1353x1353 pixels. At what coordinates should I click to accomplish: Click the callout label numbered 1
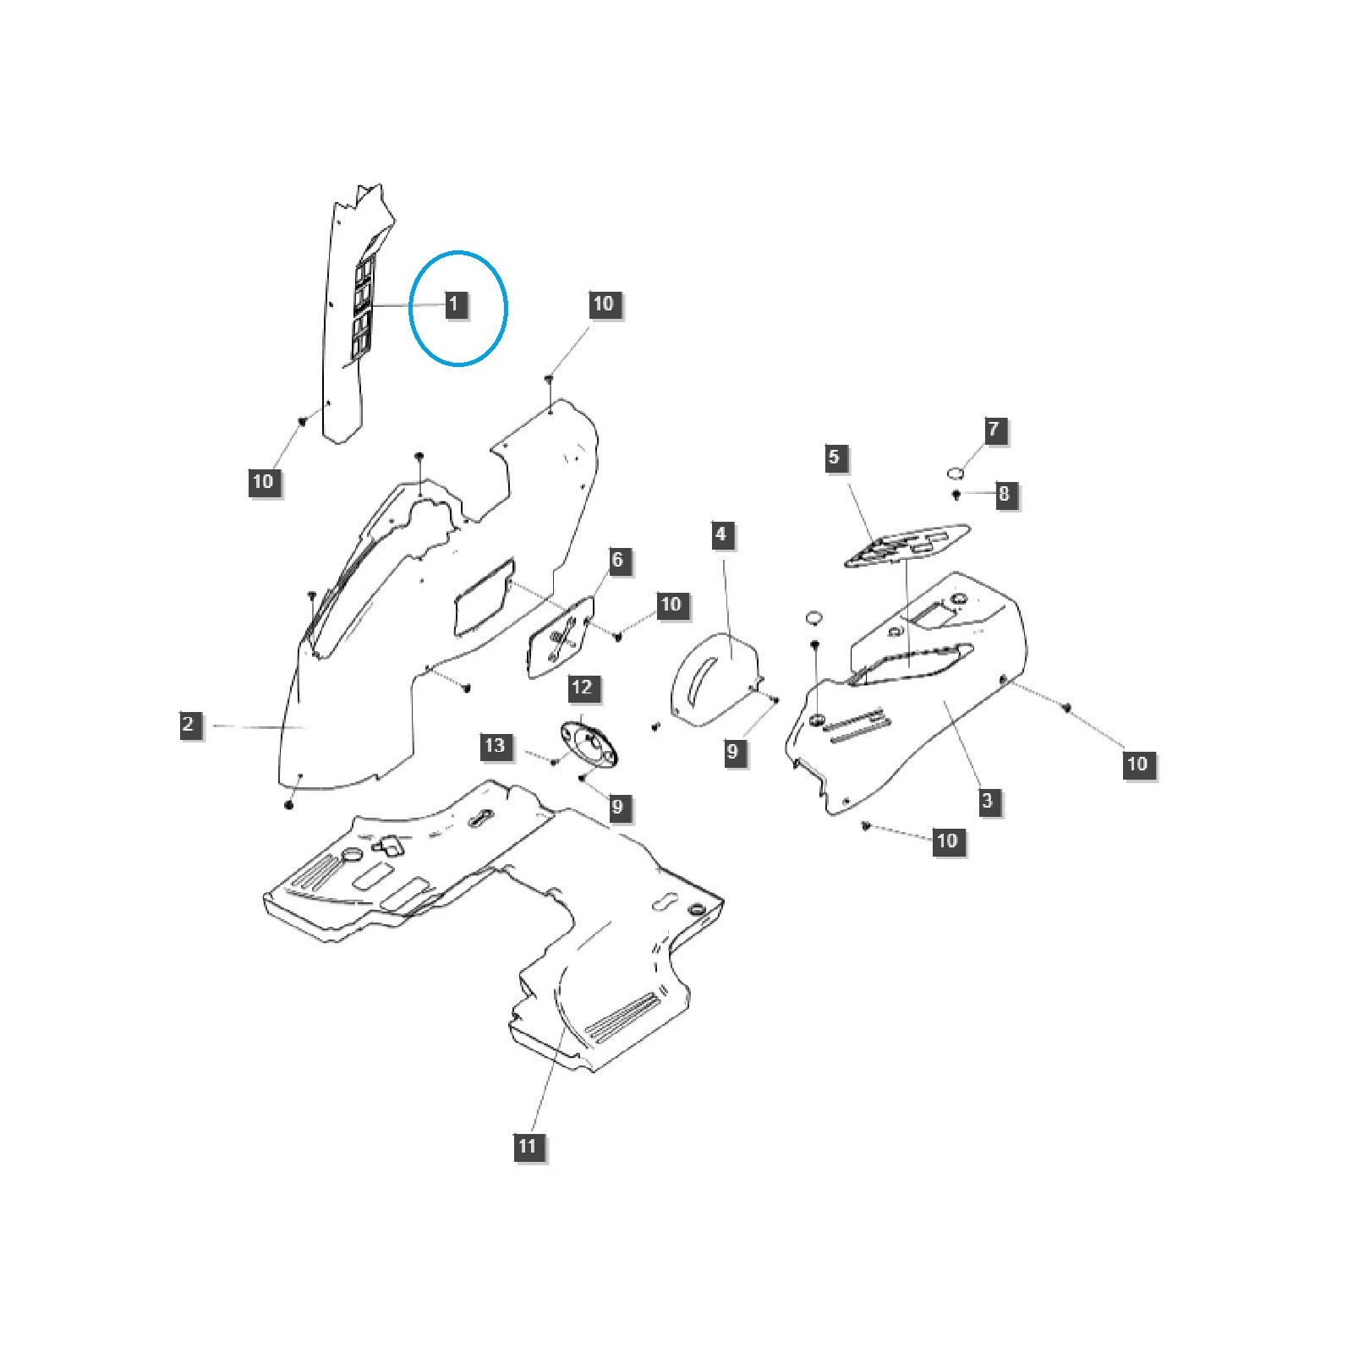pyautogui.click(x=454, y=304)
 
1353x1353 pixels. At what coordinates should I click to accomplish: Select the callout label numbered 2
pyautogui.click(x=188, y=724)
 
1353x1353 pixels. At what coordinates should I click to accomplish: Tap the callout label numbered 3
pyautogui.click(x=987, y=800)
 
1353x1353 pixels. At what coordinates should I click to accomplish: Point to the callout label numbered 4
pyautogui.click(x=720, y=534)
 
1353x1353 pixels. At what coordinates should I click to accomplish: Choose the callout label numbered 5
pyautogui.click(x=834, y=457)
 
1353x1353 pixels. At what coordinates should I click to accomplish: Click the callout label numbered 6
pyautogui.click(x=617, y=560)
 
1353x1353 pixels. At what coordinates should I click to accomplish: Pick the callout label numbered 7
pyautogui.click(x=994, y=430)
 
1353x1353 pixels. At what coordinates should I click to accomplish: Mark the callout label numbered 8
pyautogui.click(x=1004, y=494)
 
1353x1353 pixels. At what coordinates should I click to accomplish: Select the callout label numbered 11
pyautogui.click(x=527, y=1146)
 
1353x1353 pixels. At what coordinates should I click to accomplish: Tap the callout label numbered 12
pyautogui.click(x=582, y=687)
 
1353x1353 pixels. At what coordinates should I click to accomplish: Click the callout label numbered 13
pyautogui.click(x=495, y=745)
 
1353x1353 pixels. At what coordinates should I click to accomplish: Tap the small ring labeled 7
pyautogui.click(x=955, y=470)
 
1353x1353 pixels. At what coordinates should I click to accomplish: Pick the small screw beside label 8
pyautogui.click(x=956, y=494)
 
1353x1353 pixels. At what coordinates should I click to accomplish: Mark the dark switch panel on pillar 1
pyautogui.click(x=363, y=305)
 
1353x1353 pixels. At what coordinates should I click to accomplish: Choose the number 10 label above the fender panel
pyautogui.click(x=603, y=304)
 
